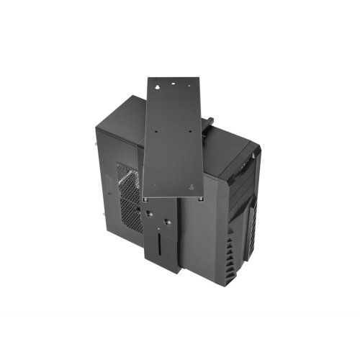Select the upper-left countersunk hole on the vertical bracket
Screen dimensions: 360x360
148,214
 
